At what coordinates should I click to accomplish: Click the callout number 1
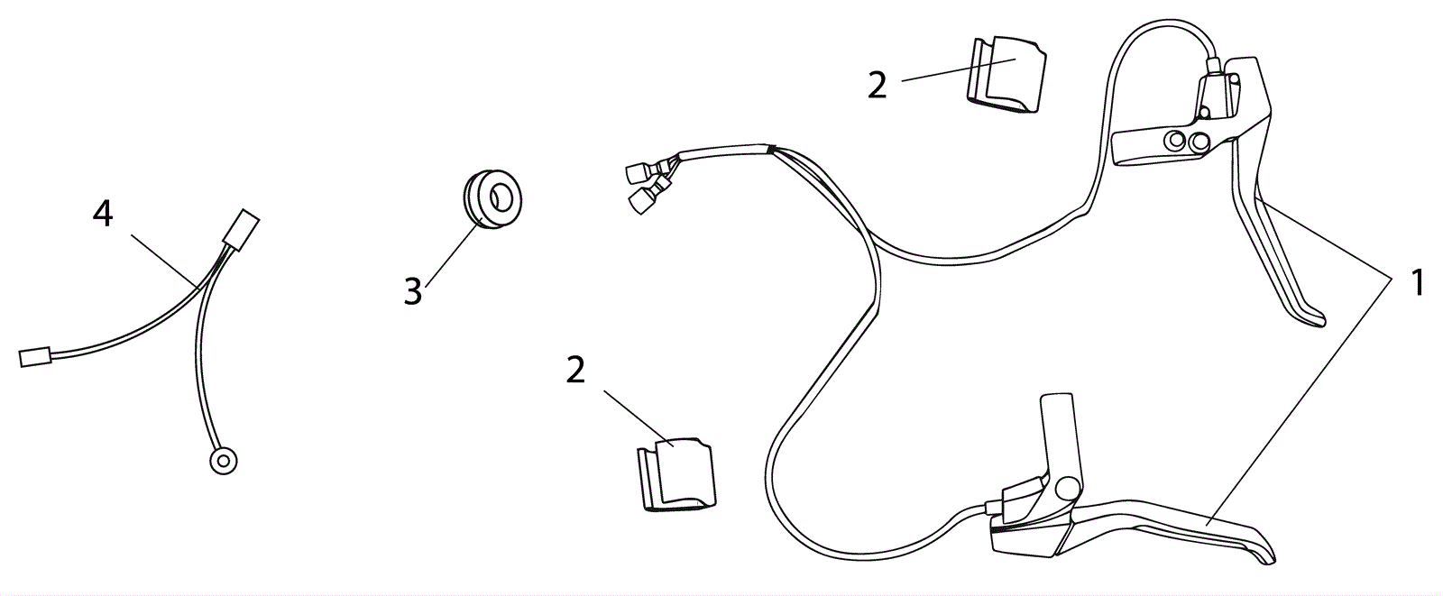click(x=1417, y=282)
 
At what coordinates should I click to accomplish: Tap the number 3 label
click(x=412, y=292)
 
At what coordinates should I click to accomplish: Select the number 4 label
click(x=103, y=214)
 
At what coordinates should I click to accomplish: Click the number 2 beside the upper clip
click(x=877, y=85)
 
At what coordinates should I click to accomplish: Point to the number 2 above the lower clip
click(x=575, y=370)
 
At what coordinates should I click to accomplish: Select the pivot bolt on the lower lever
click(x=1068, y=487)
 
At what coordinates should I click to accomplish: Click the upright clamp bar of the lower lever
click(x=1058, y=433)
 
